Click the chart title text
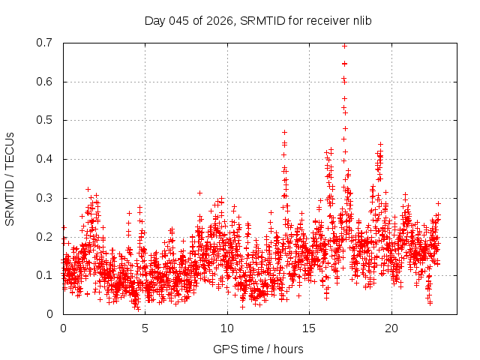pyautogui.click(x=258, y=20)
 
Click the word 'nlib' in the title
pyautogui.click(x=361, y=20)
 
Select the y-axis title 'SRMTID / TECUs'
pyautogui.click(x=10, y=178)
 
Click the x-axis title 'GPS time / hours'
pyautogui.click(x=258, y=349)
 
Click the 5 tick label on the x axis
pyautogui.click(x=145, y=328)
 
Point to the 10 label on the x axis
pyautogui.click(x=227, y=328)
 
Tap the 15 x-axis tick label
pyautogui.click(x=309, y=328)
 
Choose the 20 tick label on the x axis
pyautogui.click(x=391, y=328)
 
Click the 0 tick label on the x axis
pyautogui.click(x=63, y=328)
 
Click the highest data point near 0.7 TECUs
pyautogui.click(x=344, y=46)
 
